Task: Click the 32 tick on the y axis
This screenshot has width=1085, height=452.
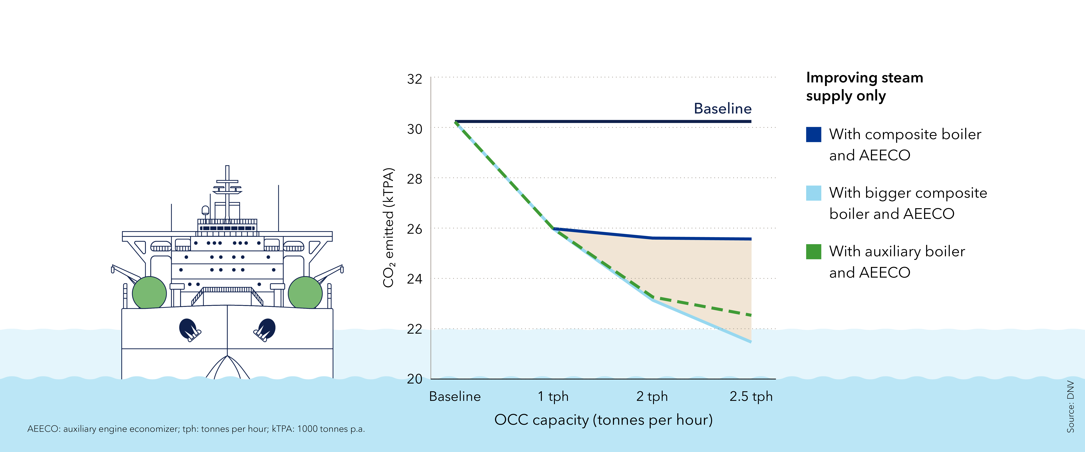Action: (x=414, y=79)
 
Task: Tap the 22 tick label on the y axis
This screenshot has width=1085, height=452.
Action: (x=414, y=329)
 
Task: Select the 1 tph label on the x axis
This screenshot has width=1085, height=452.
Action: (x=553, y=397)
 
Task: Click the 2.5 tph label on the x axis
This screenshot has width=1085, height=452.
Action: (x=751, y=397)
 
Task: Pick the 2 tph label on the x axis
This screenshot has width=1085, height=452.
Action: (x=652, y=397)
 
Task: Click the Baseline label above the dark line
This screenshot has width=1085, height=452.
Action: (x=722, y=109)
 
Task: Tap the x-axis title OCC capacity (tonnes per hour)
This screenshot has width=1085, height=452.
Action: (x=603, y=420)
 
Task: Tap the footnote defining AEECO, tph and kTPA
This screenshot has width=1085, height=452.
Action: (x=196, y=429)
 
